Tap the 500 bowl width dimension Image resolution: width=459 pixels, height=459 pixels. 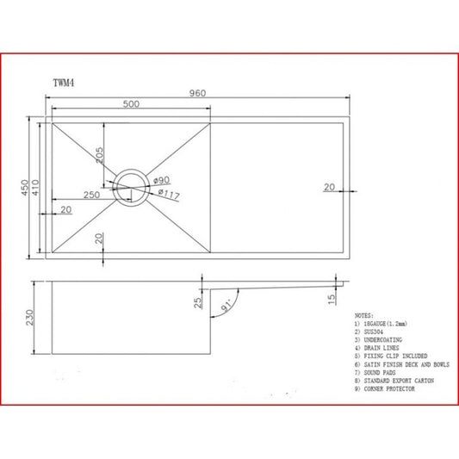click(131, 105)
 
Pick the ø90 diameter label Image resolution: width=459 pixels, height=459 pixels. click(161, 180)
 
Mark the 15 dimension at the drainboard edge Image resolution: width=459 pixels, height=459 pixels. click(332, 298)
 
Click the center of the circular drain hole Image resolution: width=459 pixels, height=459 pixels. click(132, 186)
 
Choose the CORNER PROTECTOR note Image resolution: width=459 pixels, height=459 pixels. click(389, 389)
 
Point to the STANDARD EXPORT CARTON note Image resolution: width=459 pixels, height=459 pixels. click(397, 381)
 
